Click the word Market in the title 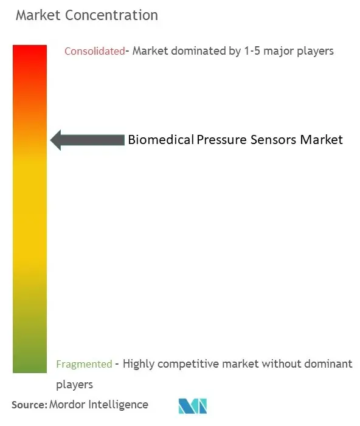(x=38, y=15)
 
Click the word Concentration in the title (x=111, y=15)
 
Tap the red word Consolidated (x=95, y=51)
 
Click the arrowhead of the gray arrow (x=56, y=140)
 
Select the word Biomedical (x=161, y=140)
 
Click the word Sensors (x=274, y=140)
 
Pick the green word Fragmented (x=84, y=364)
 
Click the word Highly (x=139, y=364)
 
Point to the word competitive (x=188, y=365)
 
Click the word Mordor (x=67, y=405)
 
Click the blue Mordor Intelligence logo (x=193, y=406)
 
